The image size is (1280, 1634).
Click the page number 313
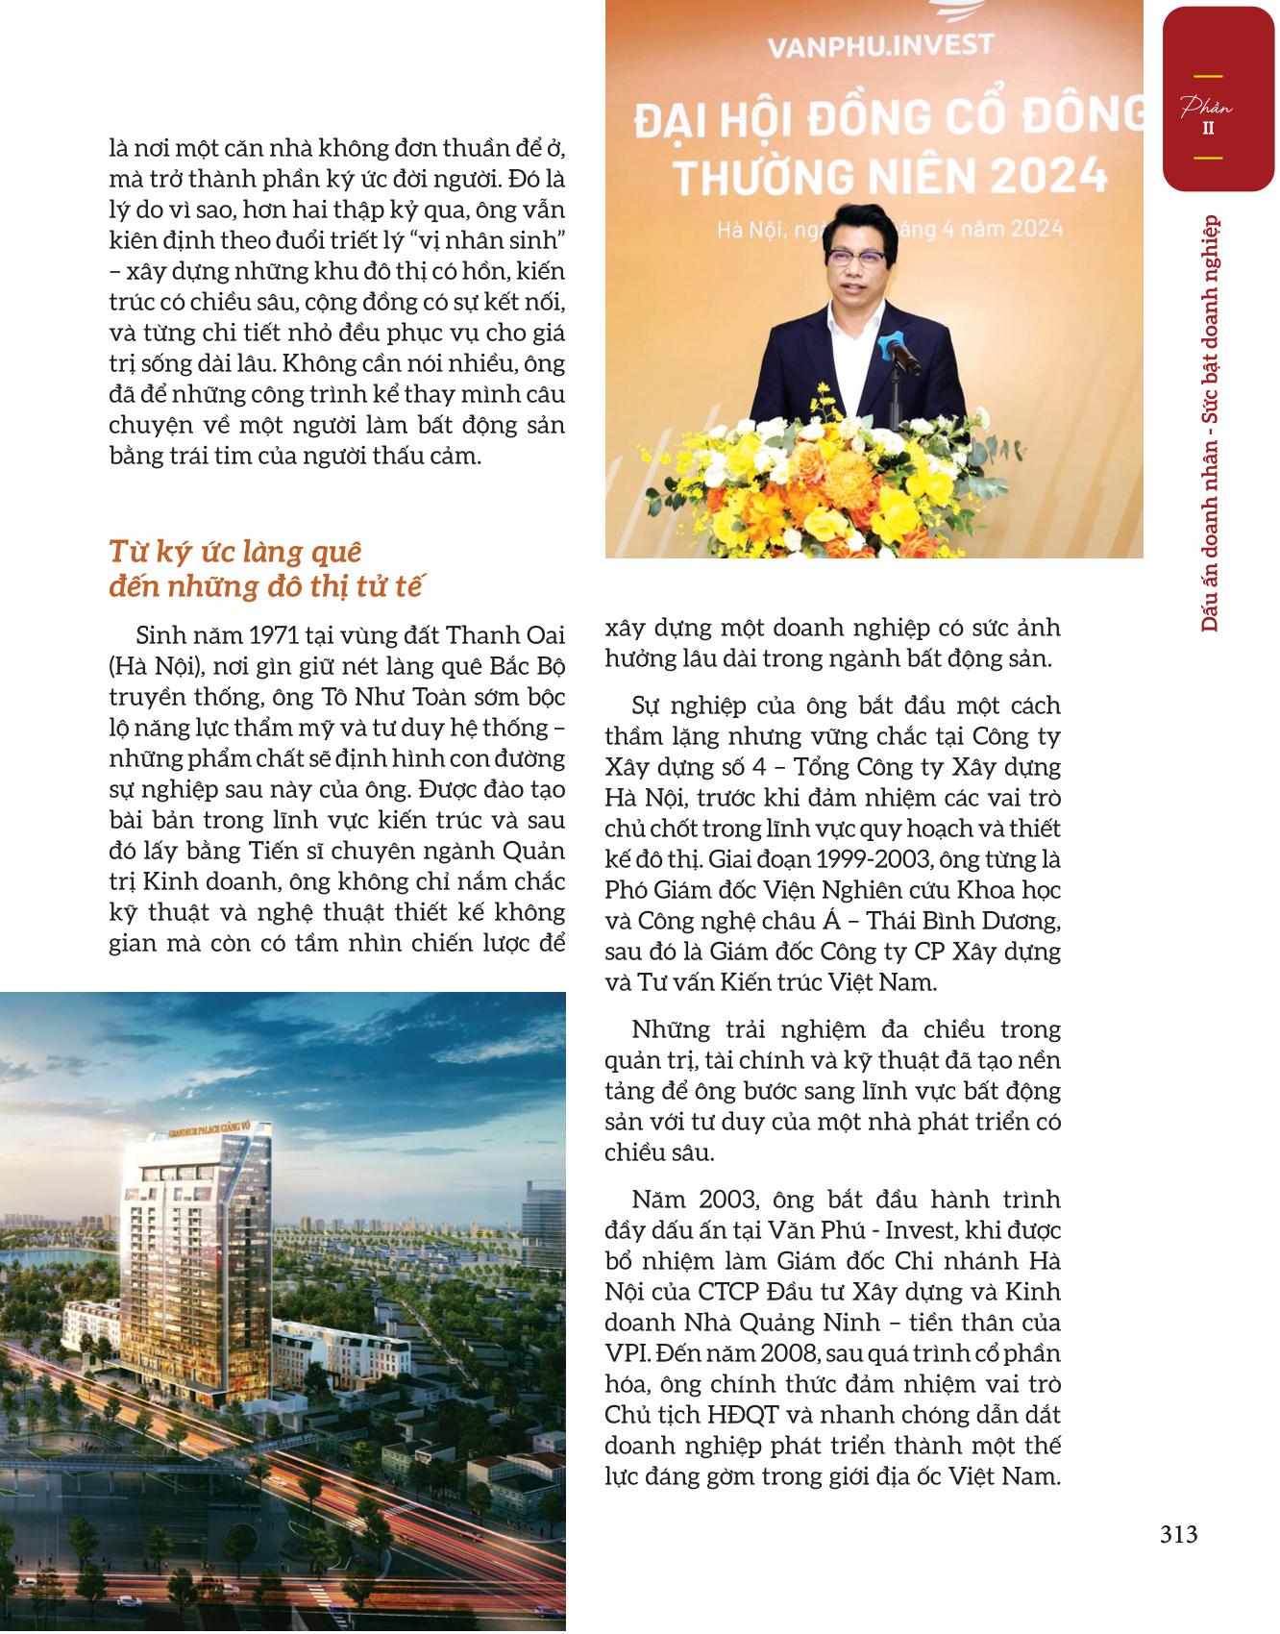click(1178, 1535)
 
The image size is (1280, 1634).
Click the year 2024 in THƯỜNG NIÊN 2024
click(1051, 175)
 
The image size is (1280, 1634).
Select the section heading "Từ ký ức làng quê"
click(235, 553)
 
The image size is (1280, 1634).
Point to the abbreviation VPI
click(628, 1353)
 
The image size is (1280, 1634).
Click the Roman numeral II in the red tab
click(1208, 127)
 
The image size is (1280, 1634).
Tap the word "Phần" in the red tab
click(1208, 107)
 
